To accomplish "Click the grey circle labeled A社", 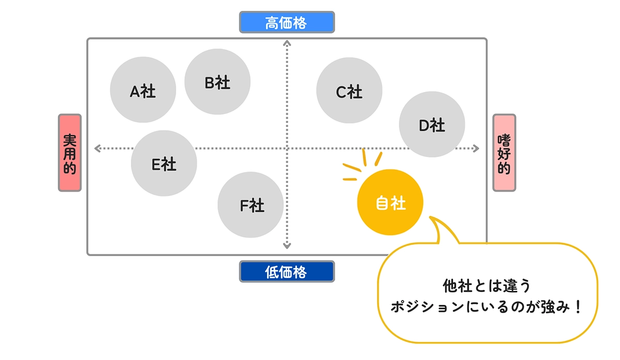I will pyautogui.click(x=143, y=90).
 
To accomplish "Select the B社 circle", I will pyautogui.click(x=218, y=82).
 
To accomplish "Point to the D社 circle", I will pyautogui.click(x=432, y=124).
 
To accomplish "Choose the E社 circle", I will pyautogui.click(x=164, y=163).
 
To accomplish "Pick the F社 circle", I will pyautogui.click(x=251, y=205).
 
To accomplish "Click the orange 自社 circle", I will pyautogui.click(x=390, y=202).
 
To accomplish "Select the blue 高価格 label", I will pyautogui.click(x=287, y=22).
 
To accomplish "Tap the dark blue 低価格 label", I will pyautogui.click(x=287, y=271).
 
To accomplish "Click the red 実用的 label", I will pyautogui.click(x=70, y=153).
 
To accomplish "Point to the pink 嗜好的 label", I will pyautogui.click(x=504, y=153).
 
